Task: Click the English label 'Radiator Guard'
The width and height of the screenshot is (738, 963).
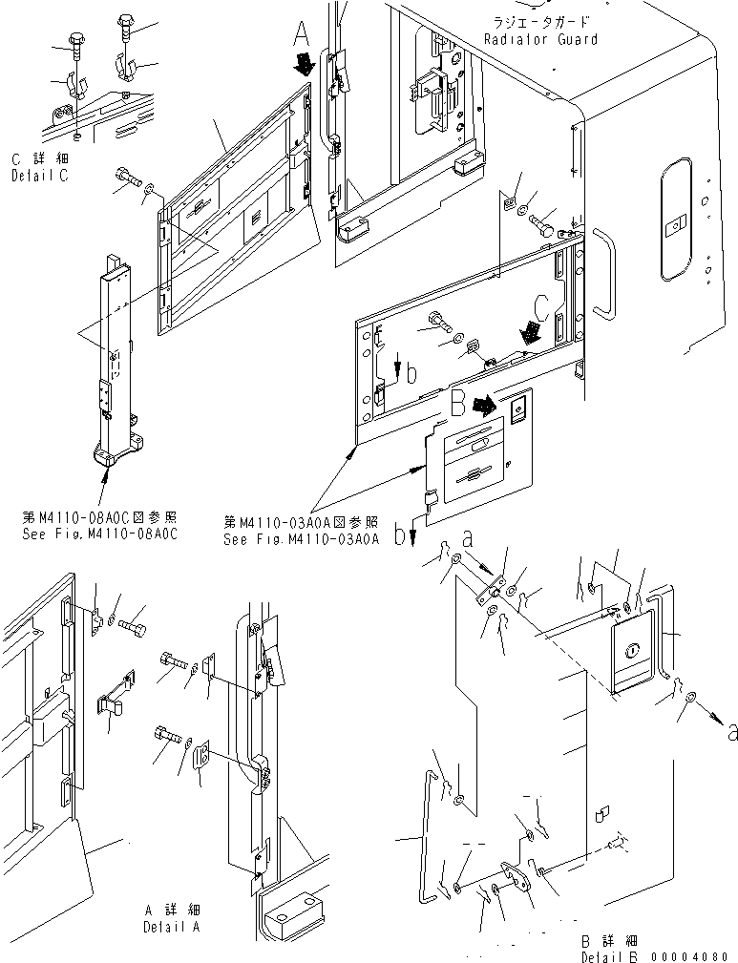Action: coord(540,39)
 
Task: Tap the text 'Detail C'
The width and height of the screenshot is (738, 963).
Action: coord(41,177)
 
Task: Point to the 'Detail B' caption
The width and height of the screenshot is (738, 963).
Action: coord(612,955)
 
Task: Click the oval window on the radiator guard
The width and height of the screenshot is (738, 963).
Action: coord(675,225)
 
